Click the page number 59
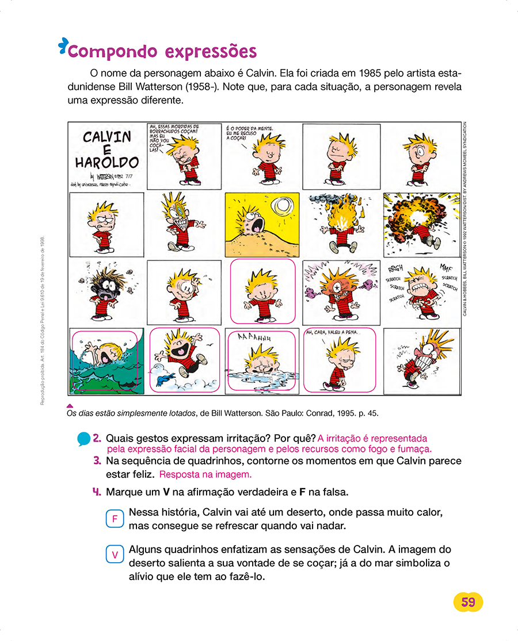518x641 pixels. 468,602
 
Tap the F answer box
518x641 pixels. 115,519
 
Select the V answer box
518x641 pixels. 115,555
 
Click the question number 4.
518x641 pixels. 97,492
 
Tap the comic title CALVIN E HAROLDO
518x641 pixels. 107,149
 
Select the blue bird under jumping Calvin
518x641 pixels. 169,378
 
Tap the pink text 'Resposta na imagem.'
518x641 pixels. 205,475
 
